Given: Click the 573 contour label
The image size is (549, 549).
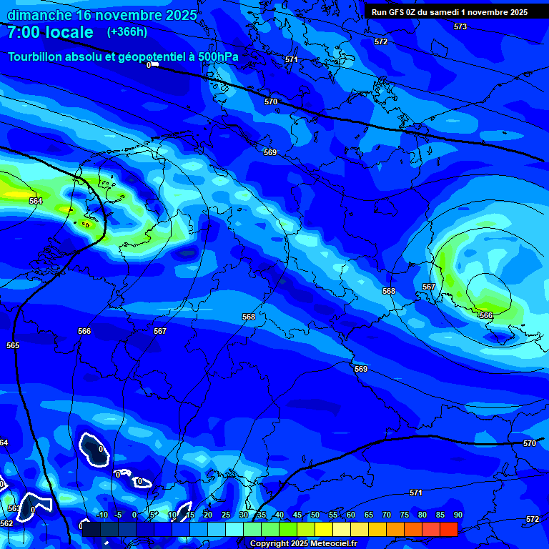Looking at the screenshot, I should click(460, 26).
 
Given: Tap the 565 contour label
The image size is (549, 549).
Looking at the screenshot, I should click(13, 345).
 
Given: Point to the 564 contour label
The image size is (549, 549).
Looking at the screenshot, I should click(36, 201).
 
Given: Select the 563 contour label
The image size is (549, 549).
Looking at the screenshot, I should click(14, 508).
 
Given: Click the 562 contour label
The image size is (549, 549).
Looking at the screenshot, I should click(6, 523).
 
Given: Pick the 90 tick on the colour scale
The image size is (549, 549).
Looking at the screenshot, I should click(457, 515).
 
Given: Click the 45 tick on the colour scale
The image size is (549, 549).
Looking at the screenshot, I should click(297, 515).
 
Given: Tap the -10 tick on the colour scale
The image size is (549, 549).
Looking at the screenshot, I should click(101, 515).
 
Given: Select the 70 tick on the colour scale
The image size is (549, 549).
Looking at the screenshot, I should click(387, 515).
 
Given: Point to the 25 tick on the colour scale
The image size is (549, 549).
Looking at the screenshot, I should click(226, 515).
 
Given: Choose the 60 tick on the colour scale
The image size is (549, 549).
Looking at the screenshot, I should click(351, 515).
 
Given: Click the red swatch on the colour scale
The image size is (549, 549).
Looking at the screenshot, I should click(448, 529).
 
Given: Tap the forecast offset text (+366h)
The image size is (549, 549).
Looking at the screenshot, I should click(127, 31).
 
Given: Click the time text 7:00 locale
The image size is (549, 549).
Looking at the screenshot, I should click(50, 32).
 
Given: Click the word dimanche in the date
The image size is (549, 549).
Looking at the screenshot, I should click(40, 14).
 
